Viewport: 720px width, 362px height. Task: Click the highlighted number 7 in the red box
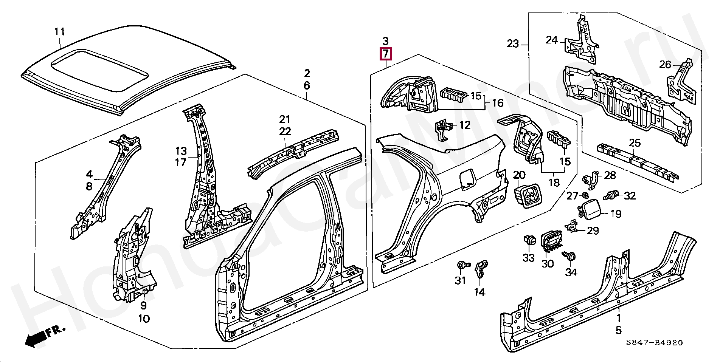coord(385,54)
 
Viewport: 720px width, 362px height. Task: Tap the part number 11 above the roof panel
coord(59,32)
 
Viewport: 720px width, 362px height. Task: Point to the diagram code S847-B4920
coord(654,343)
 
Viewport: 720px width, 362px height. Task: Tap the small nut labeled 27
coord(585,195)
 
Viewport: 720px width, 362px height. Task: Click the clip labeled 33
coord(528,241)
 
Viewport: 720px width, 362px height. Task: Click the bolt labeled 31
coord(462,265)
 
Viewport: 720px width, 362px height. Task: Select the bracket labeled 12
coord(444,130)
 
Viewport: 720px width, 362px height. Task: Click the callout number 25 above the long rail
coord(635,143)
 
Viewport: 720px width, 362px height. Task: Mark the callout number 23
coord(513,44)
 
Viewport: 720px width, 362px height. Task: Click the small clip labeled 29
coord(571,227)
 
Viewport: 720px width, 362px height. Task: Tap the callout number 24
coord(552,40)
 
